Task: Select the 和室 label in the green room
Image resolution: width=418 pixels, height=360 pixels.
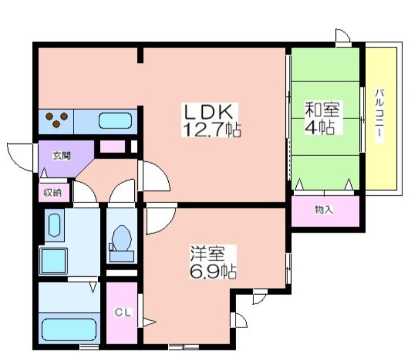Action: click(322, 109)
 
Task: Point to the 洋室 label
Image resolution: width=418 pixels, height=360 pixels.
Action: click(207, 253)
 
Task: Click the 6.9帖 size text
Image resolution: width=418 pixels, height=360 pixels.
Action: click(213, 271)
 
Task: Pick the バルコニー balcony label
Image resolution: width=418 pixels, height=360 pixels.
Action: click(379, 116)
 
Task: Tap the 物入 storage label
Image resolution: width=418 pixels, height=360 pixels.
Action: click(324, 210)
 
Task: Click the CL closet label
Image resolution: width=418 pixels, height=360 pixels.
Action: click(123, 312)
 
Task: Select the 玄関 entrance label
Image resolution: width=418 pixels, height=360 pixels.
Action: click(62, 156)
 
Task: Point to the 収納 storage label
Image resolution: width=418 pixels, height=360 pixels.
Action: click(53, 192)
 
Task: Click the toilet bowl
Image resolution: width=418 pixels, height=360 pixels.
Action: click(122, 239)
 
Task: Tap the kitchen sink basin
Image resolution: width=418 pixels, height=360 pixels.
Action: click(115, 121)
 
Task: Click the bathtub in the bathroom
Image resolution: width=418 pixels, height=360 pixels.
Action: click(69, 330)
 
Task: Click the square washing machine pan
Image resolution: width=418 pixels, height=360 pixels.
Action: click(54, 261)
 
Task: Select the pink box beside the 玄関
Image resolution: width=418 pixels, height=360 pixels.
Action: click(112, 146)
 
